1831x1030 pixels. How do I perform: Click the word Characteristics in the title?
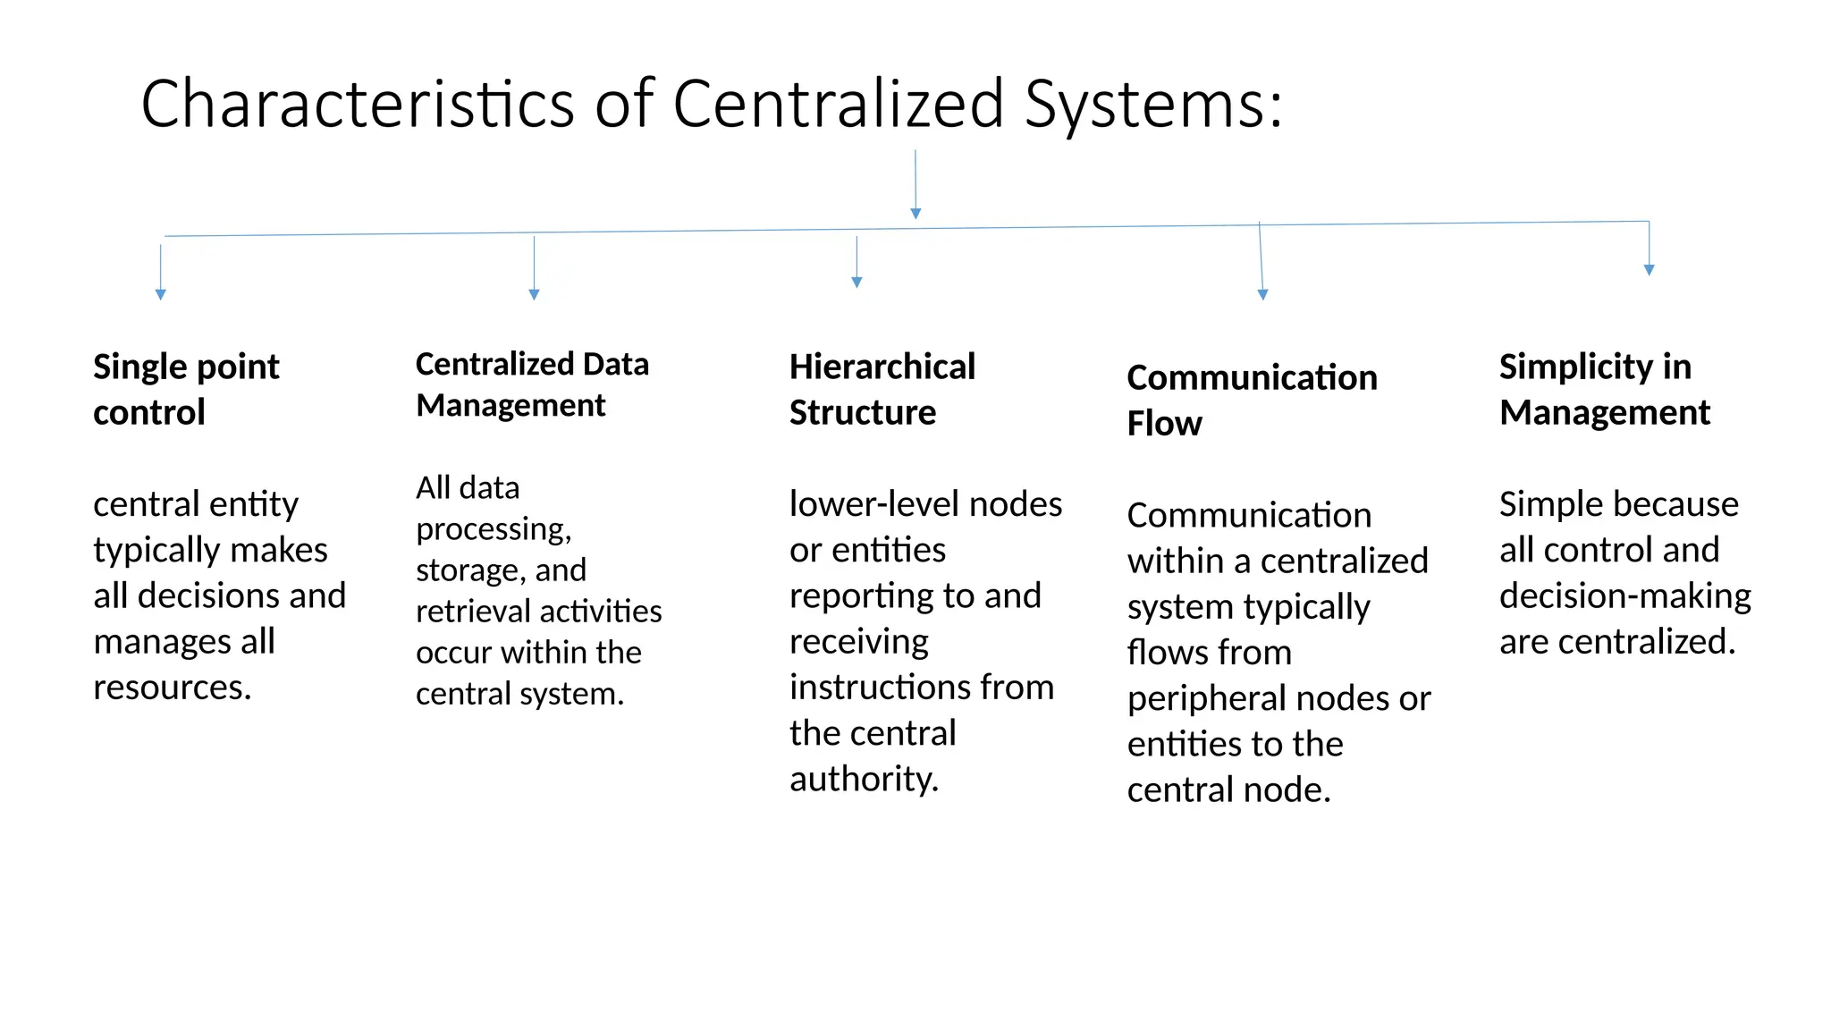tap(357, 105)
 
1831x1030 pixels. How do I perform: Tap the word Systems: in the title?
tap(1152, 105)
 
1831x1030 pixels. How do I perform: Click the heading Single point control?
tap(186, 389)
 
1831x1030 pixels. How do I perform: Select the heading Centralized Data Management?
tap(532, 384)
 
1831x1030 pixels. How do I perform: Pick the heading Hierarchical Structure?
tap(882, 389)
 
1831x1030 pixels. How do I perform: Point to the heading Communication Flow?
tap(1251, 400)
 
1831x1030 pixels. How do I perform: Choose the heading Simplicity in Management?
tap(1604, 389)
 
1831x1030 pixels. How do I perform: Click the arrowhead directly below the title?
tap(915, 214)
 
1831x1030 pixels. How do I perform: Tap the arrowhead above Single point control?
tap(161, 294)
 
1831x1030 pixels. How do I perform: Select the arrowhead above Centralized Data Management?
tap(534, 294)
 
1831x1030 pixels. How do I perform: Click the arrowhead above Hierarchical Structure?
tap(856, 282)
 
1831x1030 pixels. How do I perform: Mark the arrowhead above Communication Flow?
tap(1262, 294)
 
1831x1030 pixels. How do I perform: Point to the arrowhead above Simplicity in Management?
tap(1649, 269)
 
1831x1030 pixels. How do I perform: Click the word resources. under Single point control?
tap(173, 688)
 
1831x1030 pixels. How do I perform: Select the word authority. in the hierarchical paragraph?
tap(864, 779)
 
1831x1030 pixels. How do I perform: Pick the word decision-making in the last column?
tap(1624, 595)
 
